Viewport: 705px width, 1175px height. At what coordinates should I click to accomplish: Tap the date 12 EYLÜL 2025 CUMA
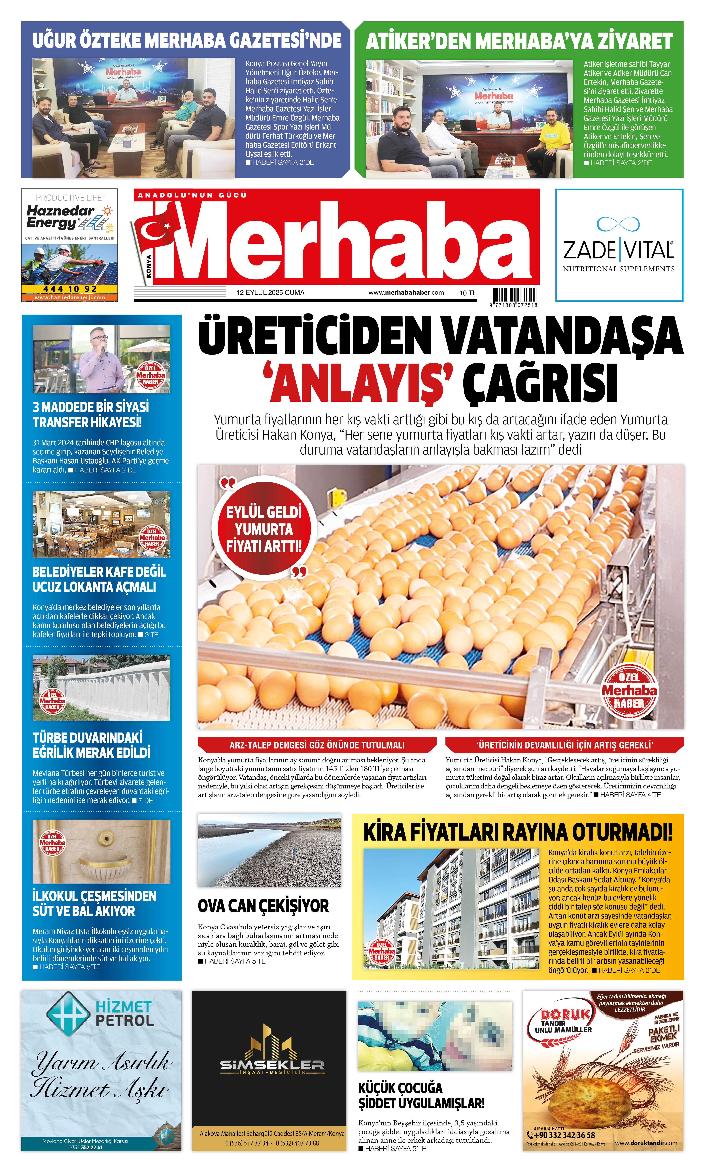coord(270,293)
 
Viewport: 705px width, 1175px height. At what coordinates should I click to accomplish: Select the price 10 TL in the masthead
coord(468,293)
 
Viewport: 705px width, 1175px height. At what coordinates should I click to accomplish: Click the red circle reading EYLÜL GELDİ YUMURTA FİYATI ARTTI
coord(264,529)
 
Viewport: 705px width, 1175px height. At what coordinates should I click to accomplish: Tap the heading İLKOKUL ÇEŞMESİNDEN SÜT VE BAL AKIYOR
coord(94,903)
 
